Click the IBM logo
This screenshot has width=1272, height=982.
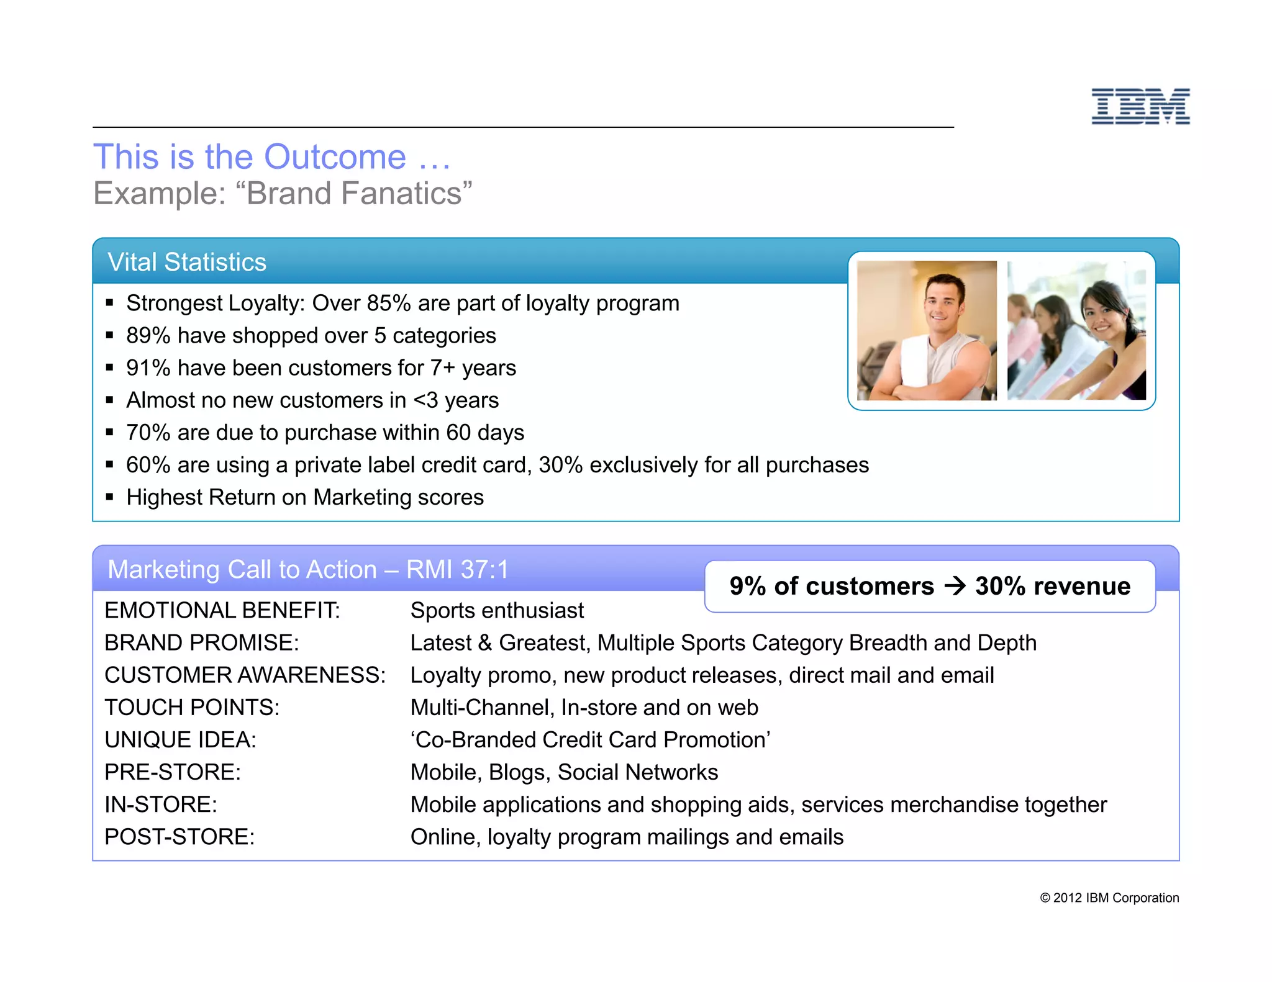click(1140, 106)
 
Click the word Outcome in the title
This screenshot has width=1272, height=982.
click(335, 156)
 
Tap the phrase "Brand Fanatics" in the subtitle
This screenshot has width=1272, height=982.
click(354, 194)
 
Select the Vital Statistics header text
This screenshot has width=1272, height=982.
click(187, 262)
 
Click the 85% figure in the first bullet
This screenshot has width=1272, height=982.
click(389, 304)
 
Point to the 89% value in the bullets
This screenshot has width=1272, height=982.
click(148, 336)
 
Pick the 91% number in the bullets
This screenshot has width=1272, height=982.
click(148, 368)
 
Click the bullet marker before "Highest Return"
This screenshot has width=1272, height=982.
click(110, 497)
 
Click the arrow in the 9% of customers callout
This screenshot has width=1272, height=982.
click(955, 586)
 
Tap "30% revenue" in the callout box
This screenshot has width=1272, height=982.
click(1053, 586)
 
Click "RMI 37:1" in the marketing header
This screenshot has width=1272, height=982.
click(457, 569)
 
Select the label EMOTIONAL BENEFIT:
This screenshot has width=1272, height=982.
click(222, 611)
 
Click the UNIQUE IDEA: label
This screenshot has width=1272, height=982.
click(180, 740)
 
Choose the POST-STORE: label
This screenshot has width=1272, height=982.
click(179, 837)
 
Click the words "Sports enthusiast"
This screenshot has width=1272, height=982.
click(497, 611)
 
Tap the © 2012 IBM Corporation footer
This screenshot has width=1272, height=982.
click(1109, 898)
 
